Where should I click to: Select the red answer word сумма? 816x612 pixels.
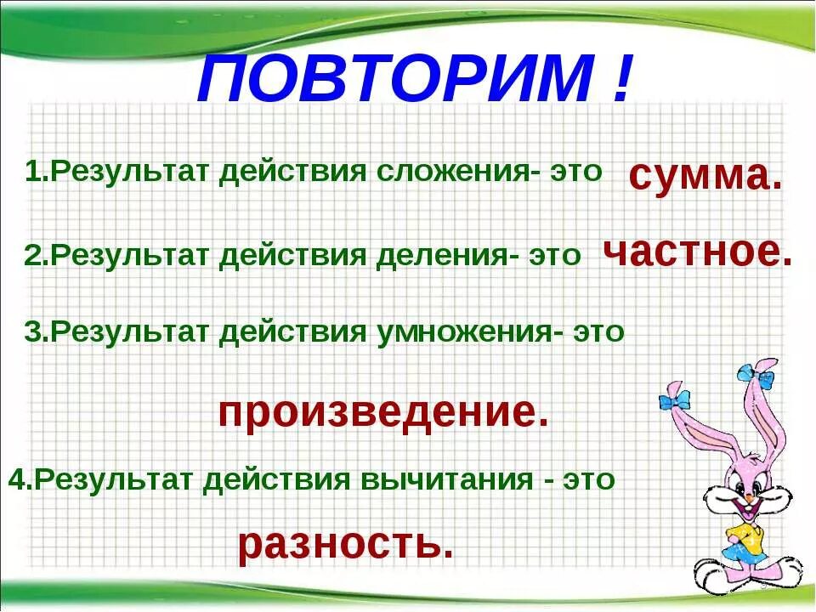(705, 176)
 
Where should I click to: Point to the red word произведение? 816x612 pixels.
(383, 413)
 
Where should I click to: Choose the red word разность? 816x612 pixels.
(344, 545)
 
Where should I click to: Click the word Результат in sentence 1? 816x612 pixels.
(131, 173)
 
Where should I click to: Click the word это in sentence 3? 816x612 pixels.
(599, 331)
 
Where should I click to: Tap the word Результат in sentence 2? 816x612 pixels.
(131, 256)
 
